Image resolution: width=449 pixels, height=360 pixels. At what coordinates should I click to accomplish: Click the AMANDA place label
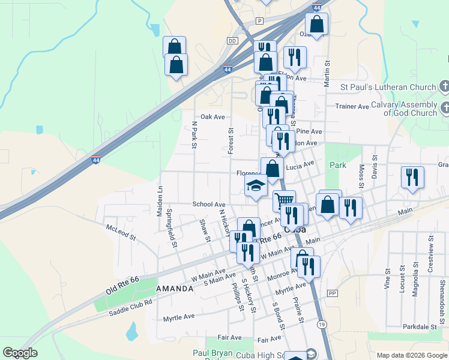pyautogui.click(x=175, y=289)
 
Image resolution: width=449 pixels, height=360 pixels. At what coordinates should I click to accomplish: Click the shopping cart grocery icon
pyautogui.click(x=285, y=199)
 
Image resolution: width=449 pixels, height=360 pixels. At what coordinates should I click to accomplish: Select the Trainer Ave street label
pyautogui.click(x=352, y=107)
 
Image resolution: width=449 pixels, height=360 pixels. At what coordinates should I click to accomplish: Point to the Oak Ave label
pyautogui.click(x=212, y=117)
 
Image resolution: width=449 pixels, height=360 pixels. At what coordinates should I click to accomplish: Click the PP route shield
pyautogui.click(x=332, y=293)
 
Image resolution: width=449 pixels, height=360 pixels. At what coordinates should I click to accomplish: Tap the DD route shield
pyautogui.click(x=232, y=41)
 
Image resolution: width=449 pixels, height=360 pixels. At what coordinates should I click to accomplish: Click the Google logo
pyautogui.click(x=20, y=353)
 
